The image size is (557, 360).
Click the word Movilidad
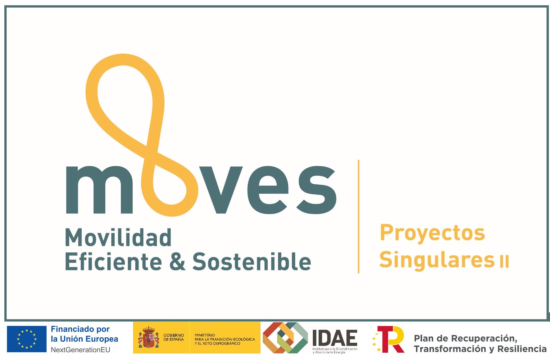[118, 238]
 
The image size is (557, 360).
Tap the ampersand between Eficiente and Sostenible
[177, 262]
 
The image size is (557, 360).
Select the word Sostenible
[252, 262]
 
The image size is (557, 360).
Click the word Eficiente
[113, 262]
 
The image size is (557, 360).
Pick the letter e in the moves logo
[269, 190]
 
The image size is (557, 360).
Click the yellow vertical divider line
[358, 216]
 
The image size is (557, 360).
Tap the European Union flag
[27, 339]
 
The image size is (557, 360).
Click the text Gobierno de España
[174, 337]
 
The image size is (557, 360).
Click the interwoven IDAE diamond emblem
[285, 338]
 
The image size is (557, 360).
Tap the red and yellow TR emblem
[390, 339]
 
